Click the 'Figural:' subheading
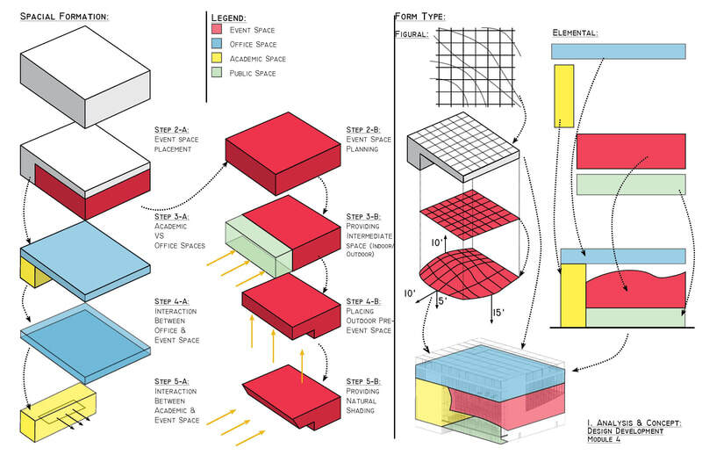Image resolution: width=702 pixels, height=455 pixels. tap(412, 34)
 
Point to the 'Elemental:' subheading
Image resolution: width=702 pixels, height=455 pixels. tap(575, 33)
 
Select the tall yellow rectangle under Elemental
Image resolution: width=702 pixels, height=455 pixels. tap(563, 96)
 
